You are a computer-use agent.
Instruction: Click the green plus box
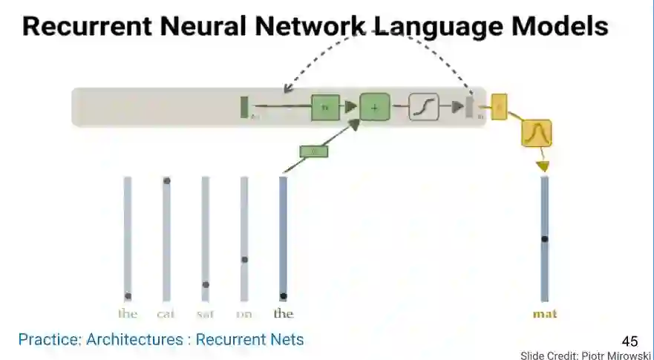[374, 108]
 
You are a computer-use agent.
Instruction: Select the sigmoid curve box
[424, 108]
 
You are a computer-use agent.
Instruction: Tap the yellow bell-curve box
[536, 133]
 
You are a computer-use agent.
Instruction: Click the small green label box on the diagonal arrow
[313, 151]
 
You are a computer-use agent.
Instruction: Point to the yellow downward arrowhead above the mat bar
[543, 166]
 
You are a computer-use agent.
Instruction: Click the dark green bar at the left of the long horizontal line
[243, 107]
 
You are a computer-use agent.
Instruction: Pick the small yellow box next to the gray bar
[499, 106]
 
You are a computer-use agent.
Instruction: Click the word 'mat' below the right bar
[544, 313]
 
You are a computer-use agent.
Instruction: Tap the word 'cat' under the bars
[166, 313]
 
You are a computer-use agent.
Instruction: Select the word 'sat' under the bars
[205, 313]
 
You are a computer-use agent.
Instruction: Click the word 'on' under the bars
[243, 313]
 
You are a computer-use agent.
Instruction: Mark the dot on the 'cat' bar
[167, 180]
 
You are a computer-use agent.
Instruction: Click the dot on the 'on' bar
[244, 259]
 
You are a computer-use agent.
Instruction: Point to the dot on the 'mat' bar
[544, 239]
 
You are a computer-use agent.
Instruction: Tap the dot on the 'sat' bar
[206, 284]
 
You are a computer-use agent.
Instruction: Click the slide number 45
[630, 341]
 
